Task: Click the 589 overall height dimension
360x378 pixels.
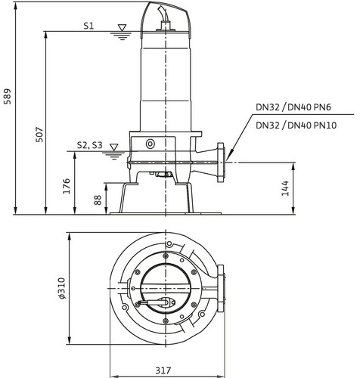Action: [x=8, y=96]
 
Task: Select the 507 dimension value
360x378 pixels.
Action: [x=39, y=135]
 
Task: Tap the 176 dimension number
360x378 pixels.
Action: [x=67, y=186]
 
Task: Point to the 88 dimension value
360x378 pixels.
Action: [x=98, y=200]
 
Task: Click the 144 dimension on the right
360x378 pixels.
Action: [x=285, y=188]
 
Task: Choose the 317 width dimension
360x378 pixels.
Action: [x=163, y=370]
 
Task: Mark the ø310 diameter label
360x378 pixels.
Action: [x=62, y=288]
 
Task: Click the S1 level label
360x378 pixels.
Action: [x=88, y=26]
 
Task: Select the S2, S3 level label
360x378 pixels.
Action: [x=90, y=145]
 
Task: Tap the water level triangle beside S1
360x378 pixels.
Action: [x=123, y=28]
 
